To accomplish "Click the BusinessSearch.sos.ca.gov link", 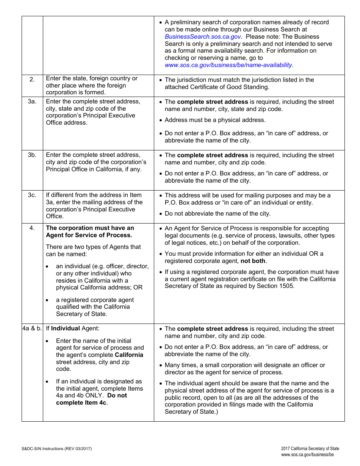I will coord(202,37).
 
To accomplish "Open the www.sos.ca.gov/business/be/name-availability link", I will coord(228,65).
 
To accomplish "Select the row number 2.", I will coord(32,79).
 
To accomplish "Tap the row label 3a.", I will coord(32,102).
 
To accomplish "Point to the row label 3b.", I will coord(32,155).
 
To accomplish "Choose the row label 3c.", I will coord(32,195).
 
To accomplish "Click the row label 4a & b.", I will coord(32,328).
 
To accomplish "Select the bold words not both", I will coord(253,261).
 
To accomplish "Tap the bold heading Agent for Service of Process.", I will coord(89,235).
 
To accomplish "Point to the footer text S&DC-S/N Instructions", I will coord(56,449).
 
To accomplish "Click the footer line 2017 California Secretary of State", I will coord(310,449).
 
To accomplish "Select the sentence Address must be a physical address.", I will coord(215,120).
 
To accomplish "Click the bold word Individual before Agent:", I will coord(66,328).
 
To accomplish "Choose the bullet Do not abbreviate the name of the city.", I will coord(218,214).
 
